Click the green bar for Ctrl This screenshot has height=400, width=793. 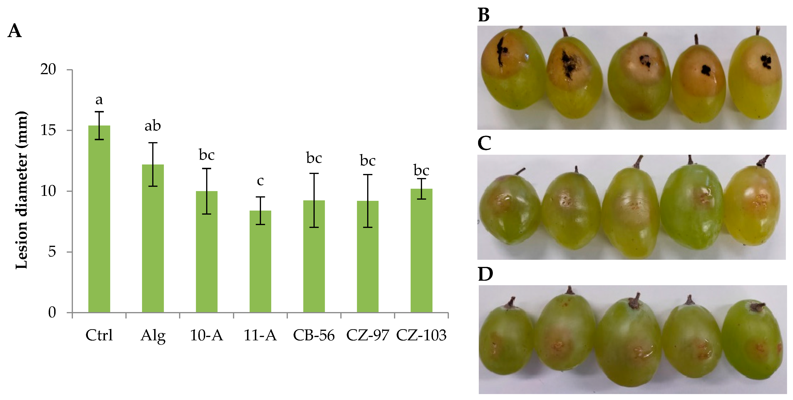coord(99,219)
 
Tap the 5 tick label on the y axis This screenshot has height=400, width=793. coord(52,252)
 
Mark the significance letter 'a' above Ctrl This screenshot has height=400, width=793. coord(99,100)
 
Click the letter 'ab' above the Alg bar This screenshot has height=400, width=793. coord(153,126)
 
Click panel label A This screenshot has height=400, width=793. coord(14,31)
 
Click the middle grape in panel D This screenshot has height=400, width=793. coord(628,342)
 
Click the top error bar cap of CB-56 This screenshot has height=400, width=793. coord(314,173)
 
